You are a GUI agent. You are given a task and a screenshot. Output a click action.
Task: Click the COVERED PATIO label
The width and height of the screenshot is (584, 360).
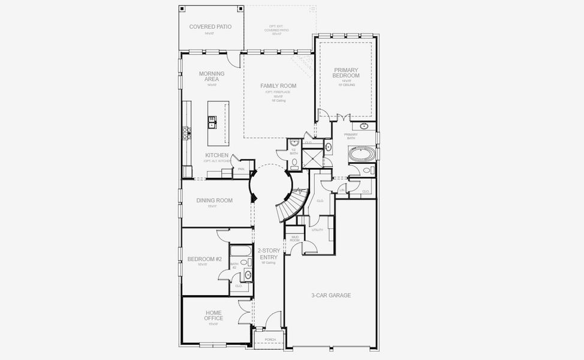pos(210,27)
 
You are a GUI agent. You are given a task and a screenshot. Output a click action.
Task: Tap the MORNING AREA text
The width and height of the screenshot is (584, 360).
pos(212,77)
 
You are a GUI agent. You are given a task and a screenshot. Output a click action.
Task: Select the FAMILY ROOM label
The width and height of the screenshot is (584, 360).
pos(278,86)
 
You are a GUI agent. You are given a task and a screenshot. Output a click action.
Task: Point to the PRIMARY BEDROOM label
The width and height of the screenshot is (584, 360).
pos(346,73)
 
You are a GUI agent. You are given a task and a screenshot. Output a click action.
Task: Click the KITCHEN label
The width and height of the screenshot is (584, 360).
pos(216,155)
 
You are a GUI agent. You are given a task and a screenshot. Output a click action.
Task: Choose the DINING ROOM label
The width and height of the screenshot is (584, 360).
pos(215,200)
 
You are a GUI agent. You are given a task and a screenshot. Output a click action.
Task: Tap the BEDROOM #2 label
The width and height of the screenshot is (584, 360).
pos(204,259)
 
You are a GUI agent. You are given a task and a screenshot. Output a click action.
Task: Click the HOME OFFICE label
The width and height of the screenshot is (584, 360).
pos(213,316)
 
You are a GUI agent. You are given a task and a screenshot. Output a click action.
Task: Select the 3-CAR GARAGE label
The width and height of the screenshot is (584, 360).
pos(331,295)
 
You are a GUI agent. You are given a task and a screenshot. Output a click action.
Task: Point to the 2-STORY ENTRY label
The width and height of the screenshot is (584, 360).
pos(268,254)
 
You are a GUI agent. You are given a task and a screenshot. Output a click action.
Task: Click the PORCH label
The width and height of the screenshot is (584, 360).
pos(270,340)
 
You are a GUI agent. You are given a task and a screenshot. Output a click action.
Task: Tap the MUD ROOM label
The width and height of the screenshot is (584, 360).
pos(295,238)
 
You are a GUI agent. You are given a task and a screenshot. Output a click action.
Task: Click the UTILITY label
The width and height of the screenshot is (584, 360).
pos(317,230)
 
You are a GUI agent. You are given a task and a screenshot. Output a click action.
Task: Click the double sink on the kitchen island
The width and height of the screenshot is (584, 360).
pos(212,122)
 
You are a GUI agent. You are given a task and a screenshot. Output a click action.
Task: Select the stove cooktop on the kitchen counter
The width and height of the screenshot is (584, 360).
pos(186,133)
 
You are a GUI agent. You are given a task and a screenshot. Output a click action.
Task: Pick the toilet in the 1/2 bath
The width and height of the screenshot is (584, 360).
pos(294,161)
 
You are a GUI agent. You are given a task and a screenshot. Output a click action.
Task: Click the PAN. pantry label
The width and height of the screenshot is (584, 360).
pos(241,169)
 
